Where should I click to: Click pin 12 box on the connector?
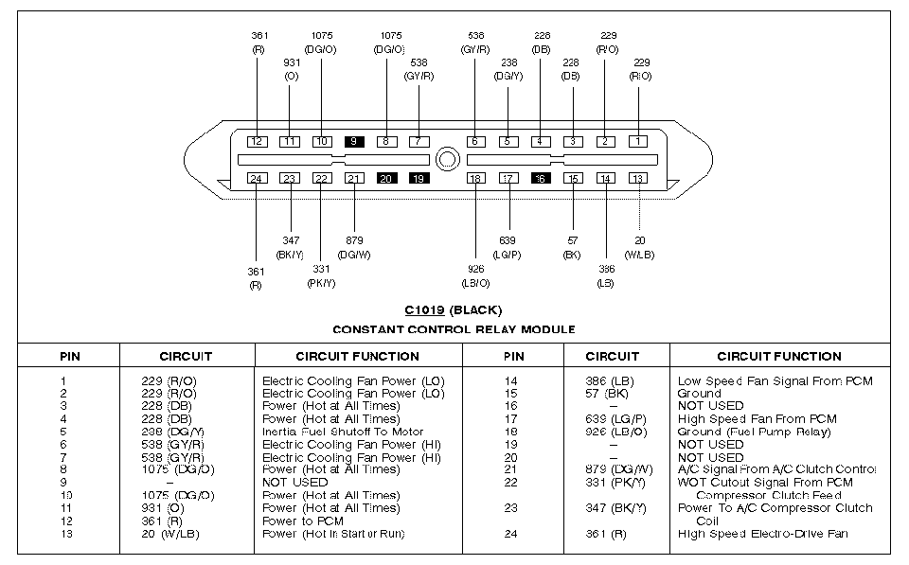point(258,141)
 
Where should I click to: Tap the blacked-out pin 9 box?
point(355,141)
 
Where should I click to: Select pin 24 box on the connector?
point(256,178)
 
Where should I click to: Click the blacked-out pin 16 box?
point(541,178)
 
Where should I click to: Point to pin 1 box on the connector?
point(640,141)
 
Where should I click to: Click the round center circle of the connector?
point(446,158)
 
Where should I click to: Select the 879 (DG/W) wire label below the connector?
point(353,248)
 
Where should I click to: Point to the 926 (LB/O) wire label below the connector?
point(476,274)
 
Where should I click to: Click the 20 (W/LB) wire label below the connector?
point(640,248)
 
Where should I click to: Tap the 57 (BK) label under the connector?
point(572,248)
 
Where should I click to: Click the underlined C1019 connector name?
point(424,309)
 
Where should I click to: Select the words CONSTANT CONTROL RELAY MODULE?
point(454,329)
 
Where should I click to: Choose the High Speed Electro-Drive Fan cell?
point(762,534)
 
